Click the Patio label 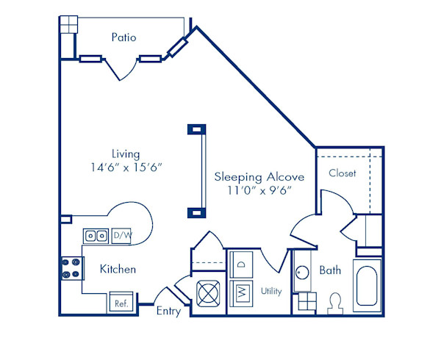coord(123,36)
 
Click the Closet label coord(343,173)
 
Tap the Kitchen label coord(118,269)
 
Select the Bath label coord(330,270)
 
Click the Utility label coord(271,291)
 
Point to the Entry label coord(168,311)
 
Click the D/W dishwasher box coord(121,236)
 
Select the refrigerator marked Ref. coord(119,302)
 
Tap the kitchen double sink coord(95,236)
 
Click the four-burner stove coord(71,268)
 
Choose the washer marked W coord(241,292)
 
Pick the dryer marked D coord(241,264)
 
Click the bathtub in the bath coord(366,286)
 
